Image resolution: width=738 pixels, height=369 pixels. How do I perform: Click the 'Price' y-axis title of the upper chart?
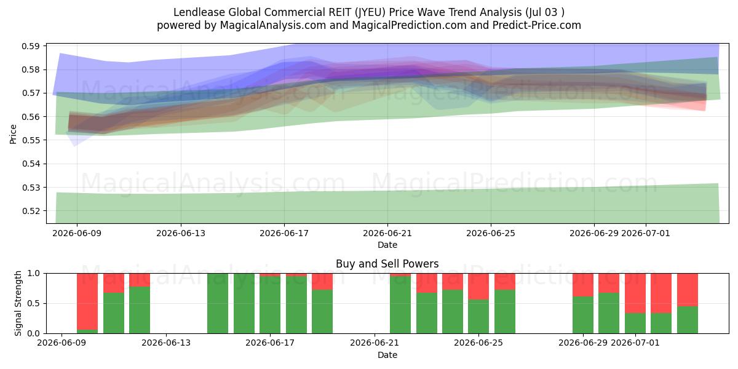point(13,134)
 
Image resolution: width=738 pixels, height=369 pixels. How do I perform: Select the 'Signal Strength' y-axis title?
point(18,303)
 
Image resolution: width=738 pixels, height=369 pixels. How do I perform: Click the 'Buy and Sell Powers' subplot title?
point(387,264)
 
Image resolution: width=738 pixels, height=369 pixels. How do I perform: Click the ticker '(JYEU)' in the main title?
point(370,12)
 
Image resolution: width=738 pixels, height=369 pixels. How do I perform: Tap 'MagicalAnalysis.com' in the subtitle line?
point(273,25)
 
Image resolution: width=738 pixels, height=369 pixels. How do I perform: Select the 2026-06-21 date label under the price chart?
point(387,233)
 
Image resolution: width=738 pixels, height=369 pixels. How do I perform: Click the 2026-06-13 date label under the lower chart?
point(166,343)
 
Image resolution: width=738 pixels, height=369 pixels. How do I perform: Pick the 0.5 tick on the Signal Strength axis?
point(34,303)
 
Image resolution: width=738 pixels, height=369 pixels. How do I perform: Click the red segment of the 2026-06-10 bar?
point(87,301)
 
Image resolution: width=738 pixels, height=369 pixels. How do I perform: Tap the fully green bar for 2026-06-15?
point(218,303)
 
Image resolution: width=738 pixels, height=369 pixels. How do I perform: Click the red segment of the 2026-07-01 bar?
point(635,293)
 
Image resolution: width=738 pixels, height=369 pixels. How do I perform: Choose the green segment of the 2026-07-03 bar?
point(688,320)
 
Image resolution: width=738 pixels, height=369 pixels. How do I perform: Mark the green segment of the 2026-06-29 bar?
point(583,315)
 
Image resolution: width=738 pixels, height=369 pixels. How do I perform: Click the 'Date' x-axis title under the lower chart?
point(387,355)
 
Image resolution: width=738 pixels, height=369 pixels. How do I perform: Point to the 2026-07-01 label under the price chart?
point(646,233)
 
